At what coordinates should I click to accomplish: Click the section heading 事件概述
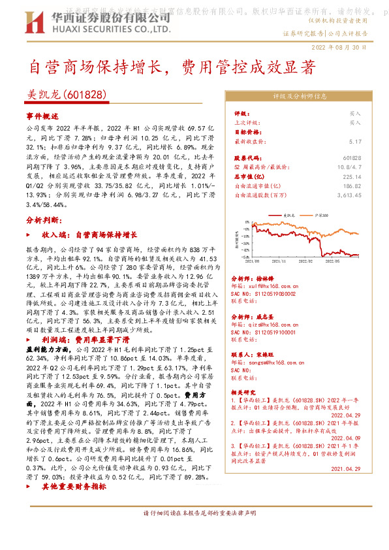pyautogui.click(x=42, y=115)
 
